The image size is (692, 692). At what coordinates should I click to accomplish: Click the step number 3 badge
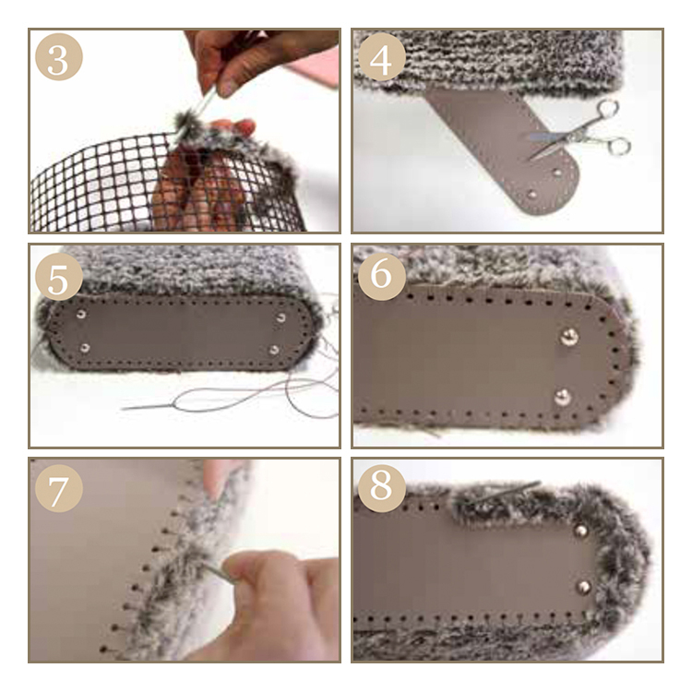click(59, 57)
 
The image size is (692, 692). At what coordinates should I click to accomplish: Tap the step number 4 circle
click(382, 57)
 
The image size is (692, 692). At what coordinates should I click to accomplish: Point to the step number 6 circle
click(382, 277)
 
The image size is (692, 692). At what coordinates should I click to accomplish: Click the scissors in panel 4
click(581, 131)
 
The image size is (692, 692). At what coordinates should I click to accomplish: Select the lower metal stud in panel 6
click(561, 397)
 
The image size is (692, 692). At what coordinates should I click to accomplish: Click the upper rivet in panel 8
click(581, 531)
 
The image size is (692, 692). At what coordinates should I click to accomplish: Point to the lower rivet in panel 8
click(583, 587)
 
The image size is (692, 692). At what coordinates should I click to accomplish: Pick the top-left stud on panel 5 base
click(81, 315)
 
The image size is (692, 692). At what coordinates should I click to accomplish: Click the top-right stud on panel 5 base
click(280, 317)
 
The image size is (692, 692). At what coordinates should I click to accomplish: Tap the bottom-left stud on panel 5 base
click(85, 348)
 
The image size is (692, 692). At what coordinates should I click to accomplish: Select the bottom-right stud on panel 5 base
click(274, 351)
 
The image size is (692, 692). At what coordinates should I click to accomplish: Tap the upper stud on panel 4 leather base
click(557, 173)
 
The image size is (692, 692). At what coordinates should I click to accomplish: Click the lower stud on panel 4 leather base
click(532, 194)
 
